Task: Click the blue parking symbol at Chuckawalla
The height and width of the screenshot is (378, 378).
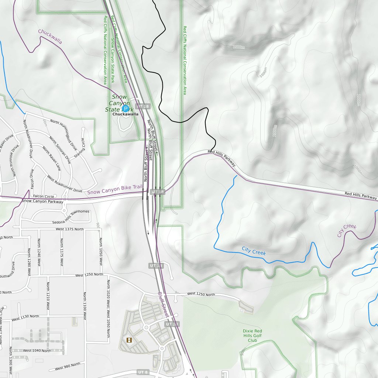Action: coord(126,109)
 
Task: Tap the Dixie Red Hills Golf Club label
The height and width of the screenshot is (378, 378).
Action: coord(252,336)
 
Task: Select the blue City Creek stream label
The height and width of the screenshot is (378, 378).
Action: coord(254,251)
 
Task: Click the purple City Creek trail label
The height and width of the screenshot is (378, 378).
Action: coord(347,231)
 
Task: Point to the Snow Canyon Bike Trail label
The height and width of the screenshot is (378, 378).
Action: coord(114,190)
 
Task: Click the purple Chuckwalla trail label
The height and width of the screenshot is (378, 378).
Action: coord(50,37)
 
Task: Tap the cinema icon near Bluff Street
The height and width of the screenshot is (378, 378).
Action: coord(129,340)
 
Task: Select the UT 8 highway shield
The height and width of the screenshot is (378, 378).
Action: coord(143,372)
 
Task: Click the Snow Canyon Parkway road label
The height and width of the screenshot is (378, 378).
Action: coord(42,201)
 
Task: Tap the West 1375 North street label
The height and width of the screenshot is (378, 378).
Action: coord(70,229)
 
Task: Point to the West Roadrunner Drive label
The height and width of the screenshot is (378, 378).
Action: coord(65,184)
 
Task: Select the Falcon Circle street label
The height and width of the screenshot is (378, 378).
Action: coord(43,196)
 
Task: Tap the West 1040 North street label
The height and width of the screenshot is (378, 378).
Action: coord(37,351)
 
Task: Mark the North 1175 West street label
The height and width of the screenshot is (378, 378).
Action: coord(62,252)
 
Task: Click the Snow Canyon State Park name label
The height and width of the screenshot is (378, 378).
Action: coord(118,103)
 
